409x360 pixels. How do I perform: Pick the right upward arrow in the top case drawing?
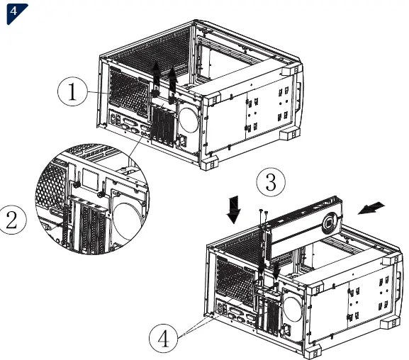pyautogui.click(x=172, y=77)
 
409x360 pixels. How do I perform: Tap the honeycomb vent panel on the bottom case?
pyautogui.click(x=232, y=276)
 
